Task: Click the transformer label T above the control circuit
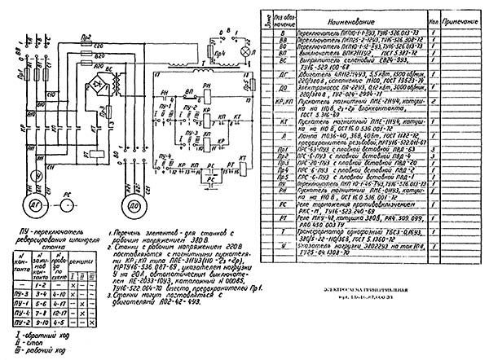(x=202, y=64)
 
